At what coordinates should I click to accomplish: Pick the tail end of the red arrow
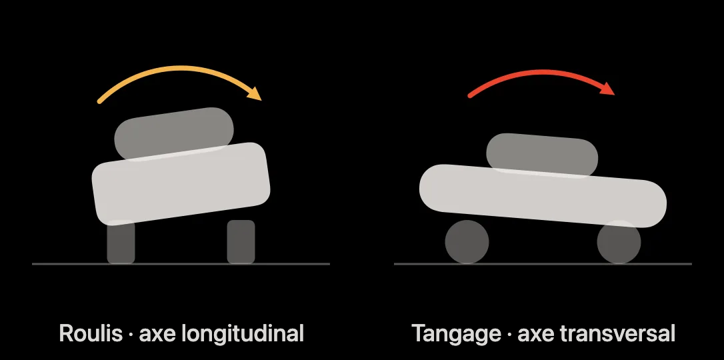pos(471,95)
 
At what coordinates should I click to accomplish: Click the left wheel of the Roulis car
pos(121,242)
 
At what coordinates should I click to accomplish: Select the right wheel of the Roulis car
pos(241,242)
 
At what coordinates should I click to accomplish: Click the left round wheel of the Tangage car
pos(467,242)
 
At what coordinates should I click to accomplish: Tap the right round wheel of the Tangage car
pos(619,242)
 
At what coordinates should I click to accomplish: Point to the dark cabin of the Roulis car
pos(174,134)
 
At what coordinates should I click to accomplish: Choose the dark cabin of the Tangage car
pos(542,155)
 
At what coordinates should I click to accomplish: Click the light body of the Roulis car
pos(181,184)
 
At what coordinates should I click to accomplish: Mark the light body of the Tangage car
pos(543,196)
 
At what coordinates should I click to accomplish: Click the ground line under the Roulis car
pos(181,264)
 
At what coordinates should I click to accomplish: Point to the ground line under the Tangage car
pos(543,264)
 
